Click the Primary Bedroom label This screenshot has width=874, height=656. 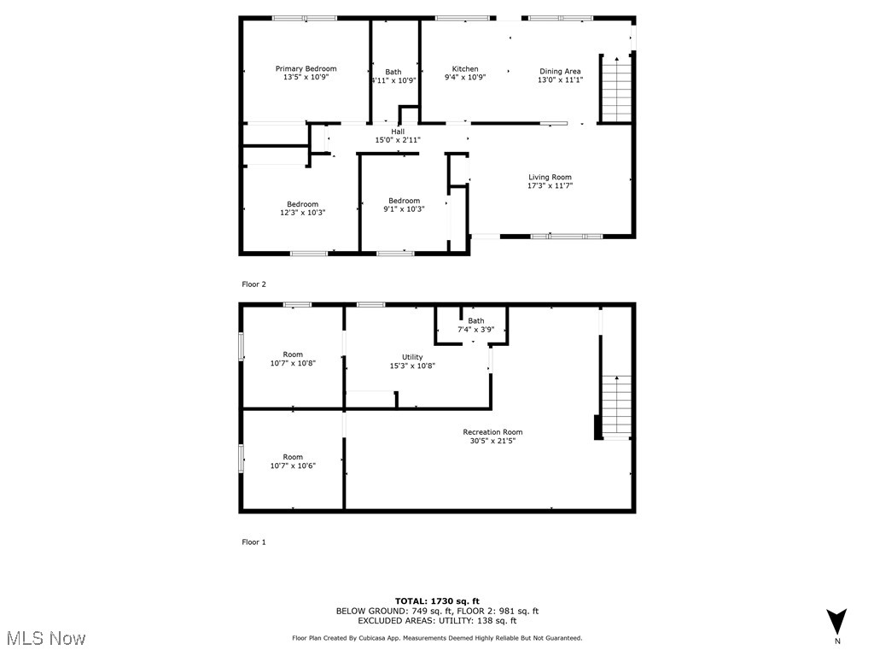[x=306, y=69]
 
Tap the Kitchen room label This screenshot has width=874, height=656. [x=465, y=69]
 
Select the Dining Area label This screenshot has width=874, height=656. [x=560, y=72]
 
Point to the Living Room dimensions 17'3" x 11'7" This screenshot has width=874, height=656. [x=550, y=184]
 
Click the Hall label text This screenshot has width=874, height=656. [x=398, y=132]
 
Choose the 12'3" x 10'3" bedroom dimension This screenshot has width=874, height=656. [x=303, y=213]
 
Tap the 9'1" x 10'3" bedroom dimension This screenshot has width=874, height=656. [x=404, y=208]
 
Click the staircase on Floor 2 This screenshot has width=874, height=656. [x=615, y=89]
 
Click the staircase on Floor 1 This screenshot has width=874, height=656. [x=615, y=407]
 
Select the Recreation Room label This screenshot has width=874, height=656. [x=492, y=432]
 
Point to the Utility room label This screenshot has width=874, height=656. [x=412, y=357]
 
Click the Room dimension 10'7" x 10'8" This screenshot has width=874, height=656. [x=293, y=363]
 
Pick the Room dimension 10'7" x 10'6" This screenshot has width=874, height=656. [x=293, y=466]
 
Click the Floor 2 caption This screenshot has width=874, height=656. [x=254, y=284]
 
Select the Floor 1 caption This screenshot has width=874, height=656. [x=254, y=542]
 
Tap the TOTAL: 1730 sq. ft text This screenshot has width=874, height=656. [x=437, y=601]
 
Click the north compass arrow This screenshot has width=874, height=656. [x=837, y=621]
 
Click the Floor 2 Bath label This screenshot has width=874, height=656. [x=393, y=72]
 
